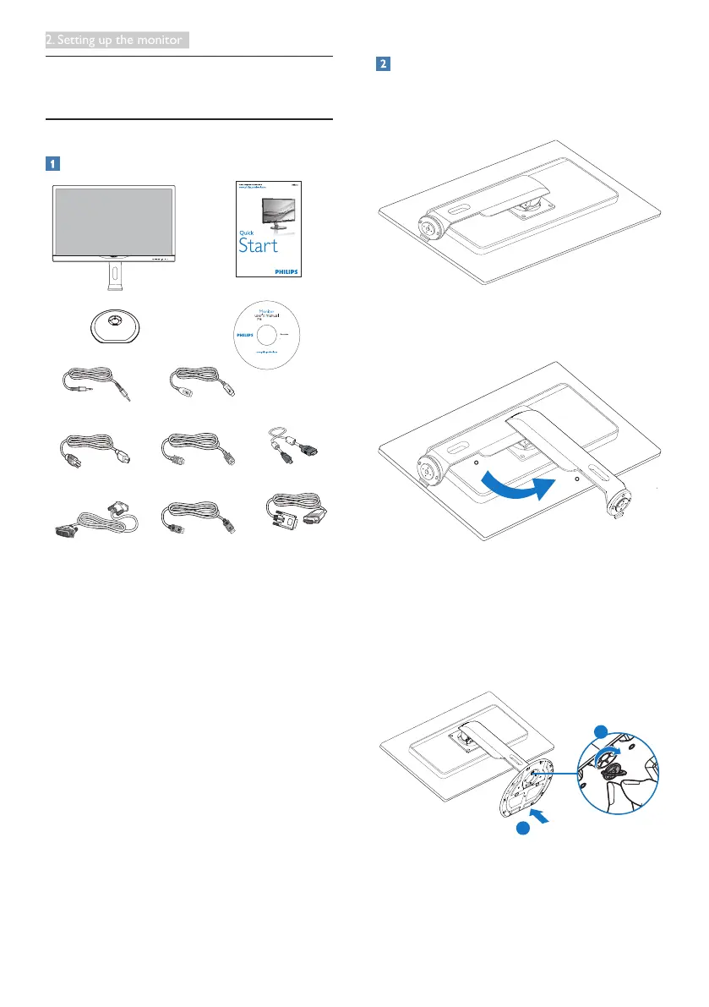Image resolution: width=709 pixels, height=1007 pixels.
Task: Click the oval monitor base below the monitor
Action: click(x=113, y=325)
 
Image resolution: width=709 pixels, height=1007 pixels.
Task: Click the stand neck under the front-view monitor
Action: click(x=113, y=276)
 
